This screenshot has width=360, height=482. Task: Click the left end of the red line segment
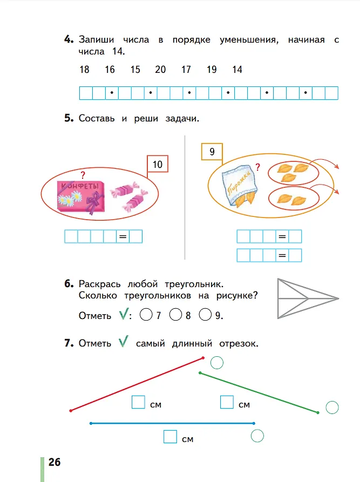coord(71,411)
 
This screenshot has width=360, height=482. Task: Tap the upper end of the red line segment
coord(203,358)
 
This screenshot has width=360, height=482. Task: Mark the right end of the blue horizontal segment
coord(254,423)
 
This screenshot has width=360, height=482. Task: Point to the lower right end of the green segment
coord(318,412)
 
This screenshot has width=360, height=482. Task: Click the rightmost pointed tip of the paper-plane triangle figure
coord(338,298)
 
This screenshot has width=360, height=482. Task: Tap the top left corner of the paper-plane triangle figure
coord(278,279)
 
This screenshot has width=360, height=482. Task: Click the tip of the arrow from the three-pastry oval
coord(338,168)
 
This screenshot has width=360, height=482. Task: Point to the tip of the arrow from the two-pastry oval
coord(338,193)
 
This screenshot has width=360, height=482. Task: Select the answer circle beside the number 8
coord(175,315)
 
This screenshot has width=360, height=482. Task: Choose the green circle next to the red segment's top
coord(217,363)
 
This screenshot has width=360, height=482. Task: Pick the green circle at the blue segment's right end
coord(257,436)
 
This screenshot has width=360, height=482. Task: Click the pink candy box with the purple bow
coord(81,198)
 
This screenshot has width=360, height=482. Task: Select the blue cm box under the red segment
coord(138,402)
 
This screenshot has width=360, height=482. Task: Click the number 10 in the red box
coord(158,165)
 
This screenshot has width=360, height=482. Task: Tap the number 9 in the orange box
coord(212,152)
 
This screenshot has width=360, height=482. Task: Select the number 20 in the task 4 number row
coord(160,70)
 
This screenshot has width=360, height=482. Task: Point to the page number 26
coord(55,462)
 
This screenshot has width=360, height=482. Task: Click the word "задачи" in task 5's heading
coord(182,119)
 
